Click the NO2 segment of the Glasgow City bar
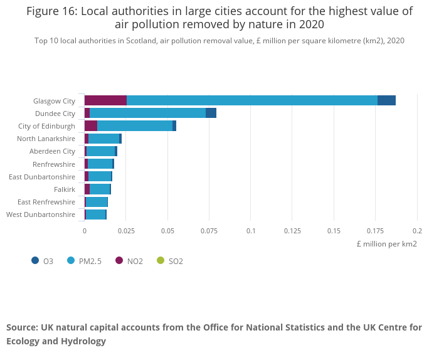tap(105, 100)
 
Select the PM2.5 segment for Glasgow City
tap(251, 100)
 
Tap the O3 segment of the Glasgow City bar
tap(386, 100)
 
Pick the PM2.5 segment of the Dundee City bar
tap(147, 113)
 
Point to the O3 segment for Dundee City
tap(211, 113)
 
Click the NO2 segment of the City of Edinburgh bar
tap(91, 126)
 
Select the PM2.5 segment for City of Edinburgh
tap(135, 126)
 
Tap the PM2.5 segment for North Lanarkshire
tap(103, 139)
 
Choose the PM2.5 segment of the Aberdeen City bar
tap(100, 151)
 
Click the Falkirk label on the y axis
tap(65, 189)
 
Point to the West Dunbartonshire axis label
tap(41, 214)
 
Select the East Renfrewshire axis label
tap(46, 202)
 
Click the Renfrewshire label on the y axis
tap(54, 164)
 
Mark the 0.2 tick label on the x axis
tap(417, 231)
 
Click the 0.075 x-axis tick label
tap(209, 231)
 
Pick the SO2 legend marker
tap(160, 260)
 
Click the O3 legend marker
tap(35, 260)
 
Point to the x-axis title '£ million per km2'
tap(386, 243)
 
